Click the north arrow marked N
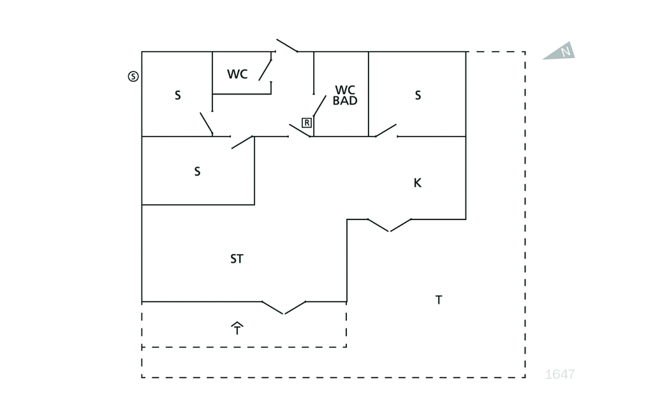click(x=561, y=52)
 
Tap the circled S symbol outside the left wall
click(x=133, y=77)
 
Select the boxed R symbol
click(x=307, y=123)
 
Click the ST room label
click(x=237, y=259)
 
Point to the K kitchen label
click(x=418, y=183)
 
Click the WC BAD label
click(x=345, y=95)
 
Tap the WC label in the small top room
click(x=237, y=74)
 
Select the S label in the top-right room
click(x=418, y=96)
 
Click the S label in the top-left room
click(x=178, y=96)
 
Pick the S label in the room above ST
click(x=197, y=172)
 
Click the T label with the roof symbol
click(x=237, y=329)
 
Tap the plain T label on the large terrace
click(x=439, y=300)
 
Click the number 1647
click(x=560, y=375)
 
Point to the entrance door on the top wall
click(x=286, y=45)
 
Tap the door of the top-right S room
click(x=386, y=130)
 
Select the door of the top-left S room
click(x=206, y=123)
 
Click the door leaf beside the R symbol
click(x=319, y=106)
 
